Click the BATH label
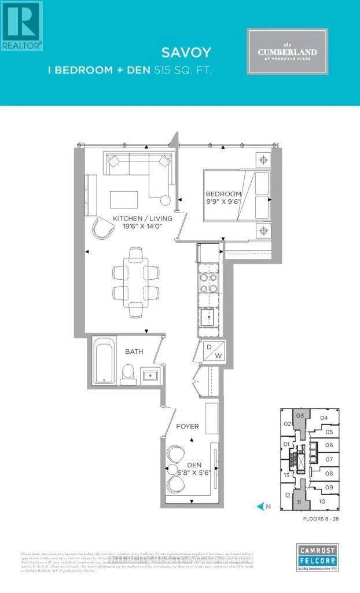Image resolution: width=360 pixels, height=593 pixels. click(134, 352)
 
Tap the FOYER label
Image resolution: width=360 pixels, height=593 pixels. click(188, 426)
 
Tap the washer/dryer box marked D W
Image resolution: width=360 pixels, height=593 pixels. click(210, 352)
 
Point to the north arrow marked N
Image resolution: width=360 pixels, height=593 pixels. click(264, 506)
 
